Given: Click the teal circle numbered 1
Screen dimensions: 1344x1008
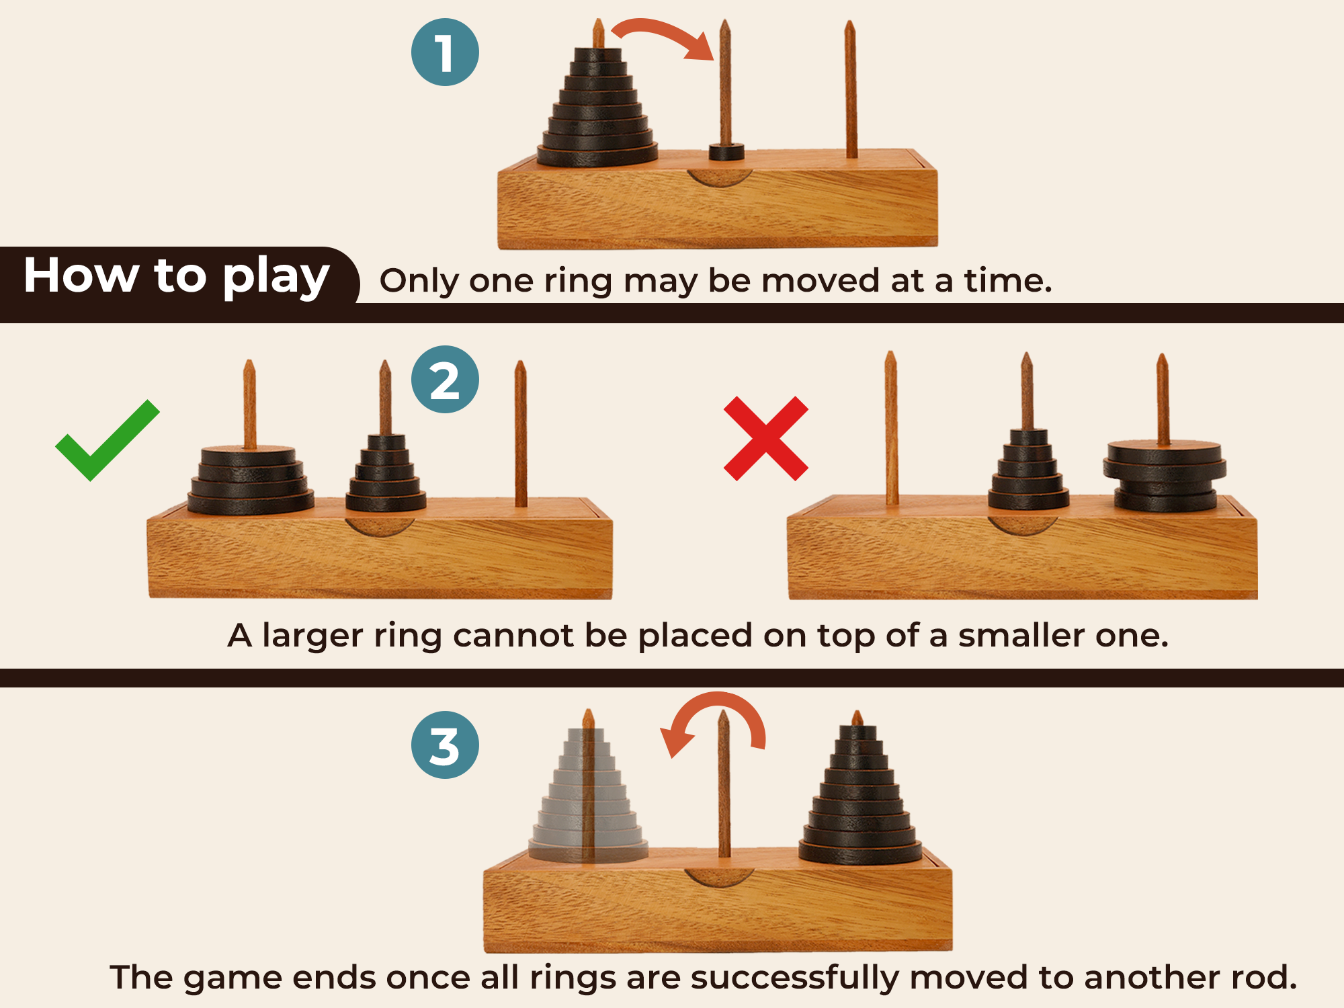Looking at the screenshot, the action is [445, 52].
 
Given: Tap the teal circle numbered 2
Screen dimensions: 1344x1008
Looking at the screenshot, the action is [445, 379].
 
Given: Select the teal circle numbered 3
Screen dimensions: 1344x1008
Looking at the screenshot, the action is [445, 745].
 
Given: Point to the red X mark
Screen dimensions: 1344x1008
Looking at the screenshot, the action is [766, 438].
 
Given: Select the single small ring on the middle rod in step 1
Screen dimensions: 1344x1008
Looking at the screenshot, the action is [726, 152].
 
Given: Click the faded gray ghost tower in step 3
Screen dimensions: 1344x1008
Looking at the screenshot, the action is [588, 796].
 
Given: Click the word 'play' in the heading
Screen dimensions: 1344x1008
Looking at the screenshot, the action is [276, 277].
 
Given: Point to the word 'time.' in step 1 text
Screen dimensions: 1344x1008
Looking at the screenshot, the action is [1008, 280].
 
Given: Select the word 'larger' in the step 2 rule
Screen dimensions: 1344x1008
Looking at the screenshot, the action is [312, 636].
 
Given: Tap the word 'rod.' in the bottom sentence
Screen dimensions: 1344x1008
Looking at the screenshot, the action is [1263, 977].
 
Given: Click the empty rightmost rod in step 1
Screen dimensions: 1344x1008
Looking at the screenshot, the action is [850, 89].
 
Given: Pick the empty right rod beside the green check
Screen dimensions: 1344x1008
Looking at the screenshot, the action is [520, 434].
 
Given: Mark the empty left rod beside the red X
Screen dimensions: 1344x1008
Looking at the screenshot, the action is [891, 427].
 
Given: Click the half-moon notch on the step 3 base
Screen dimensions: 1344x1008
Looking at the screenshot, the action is [718, 877].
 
